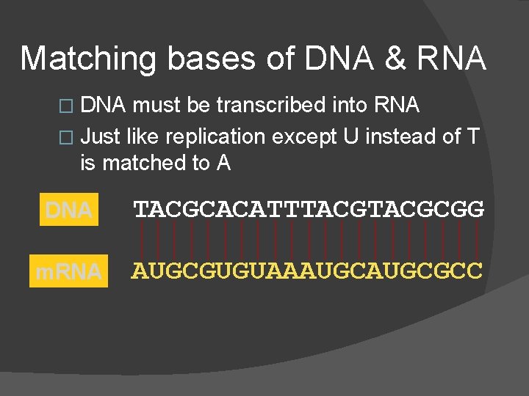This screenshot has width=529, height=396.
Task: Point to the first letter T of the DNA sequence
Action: [x=140, y=210]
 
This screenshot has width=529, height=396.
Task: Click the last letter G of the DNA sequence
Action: [x=476, y=210]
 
